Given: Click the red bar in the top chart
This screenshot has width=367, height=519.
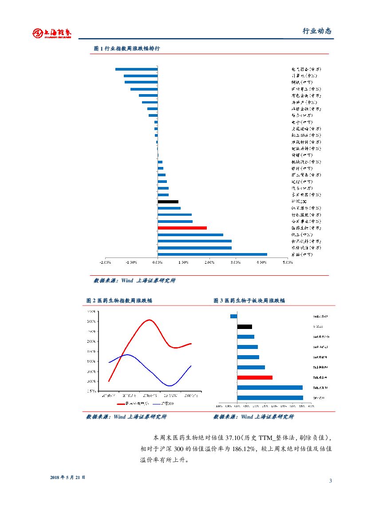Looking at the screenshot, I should click(182, 228).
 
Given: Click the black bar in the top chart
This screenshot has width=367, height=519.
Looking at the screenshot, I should click(168, 202).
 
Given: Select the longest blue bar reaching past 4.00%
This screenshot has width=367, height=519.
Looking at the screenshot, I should click(212, 254).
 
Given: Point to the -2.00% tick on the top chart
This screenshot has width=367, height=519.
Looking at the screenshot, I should click(105, 262).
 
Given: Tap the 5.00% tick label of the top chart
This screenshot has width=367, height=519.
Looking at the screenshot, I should click(288, 262).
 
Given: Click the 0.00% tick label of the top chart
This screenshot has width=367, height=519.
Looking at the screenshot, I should click(158, 262).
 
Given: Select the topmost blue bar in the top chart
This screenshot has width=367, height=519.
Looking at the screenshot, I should click(136, 69).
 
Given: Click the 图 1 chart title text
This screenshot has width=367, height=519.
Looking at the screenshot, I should click(127, 48).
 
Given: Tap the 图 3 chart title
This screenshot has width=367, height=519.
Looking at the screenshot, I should click(249, 301).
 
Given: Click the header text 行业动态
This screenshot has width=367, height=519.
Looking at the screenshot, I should click(317, 32).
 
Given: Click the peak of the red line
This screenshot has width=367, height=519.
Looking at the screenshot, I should click(150, 320).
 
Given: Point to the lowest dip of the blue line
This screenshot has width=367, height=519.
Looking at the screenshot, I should click(170, 385).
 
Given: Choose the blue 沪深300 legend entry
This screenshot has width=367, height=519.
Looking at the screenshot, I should click(164, 404).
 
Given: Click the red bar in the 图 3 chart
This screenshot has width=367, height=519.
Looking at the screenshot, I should click(255, 377).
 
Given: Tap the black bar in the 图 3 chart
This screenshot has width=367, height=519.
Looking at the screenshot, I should click(245, 326).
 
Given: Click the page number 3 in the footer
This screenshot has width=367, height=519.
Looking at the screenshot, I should click(331, 481).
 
